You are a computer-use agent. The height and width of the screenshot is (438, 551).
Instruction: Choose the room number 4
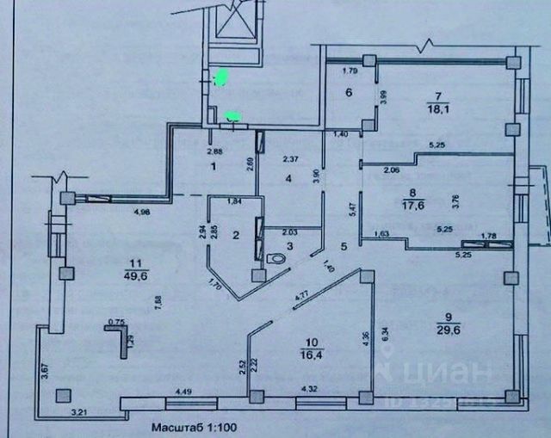click(288, 179)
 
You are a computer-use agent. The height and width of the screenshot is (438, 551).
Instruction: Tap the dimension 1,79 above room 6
click(350, 71)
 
